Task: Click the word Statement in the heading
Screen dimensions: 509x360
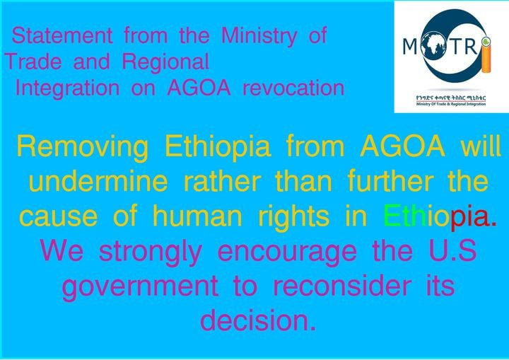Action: click(62, 35)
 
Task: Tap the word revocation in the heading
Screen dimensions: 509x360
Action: click(293, 88)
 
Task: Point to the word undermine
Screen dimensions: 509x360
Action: click(98, 181)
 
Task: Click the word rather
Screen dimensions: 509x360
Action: click(223, 181)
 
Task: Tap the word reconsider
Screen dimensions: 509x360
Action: click(341, 285)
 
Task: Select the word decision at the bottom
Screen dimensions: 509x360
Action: click(258, 320)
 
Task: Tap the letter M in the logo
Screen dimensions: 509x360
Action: click(409, 47)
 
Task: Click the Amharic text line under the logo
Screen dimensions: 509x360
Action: click(451, 98)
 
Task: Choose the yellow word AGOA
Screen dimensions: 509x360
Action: click(402, 146)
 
